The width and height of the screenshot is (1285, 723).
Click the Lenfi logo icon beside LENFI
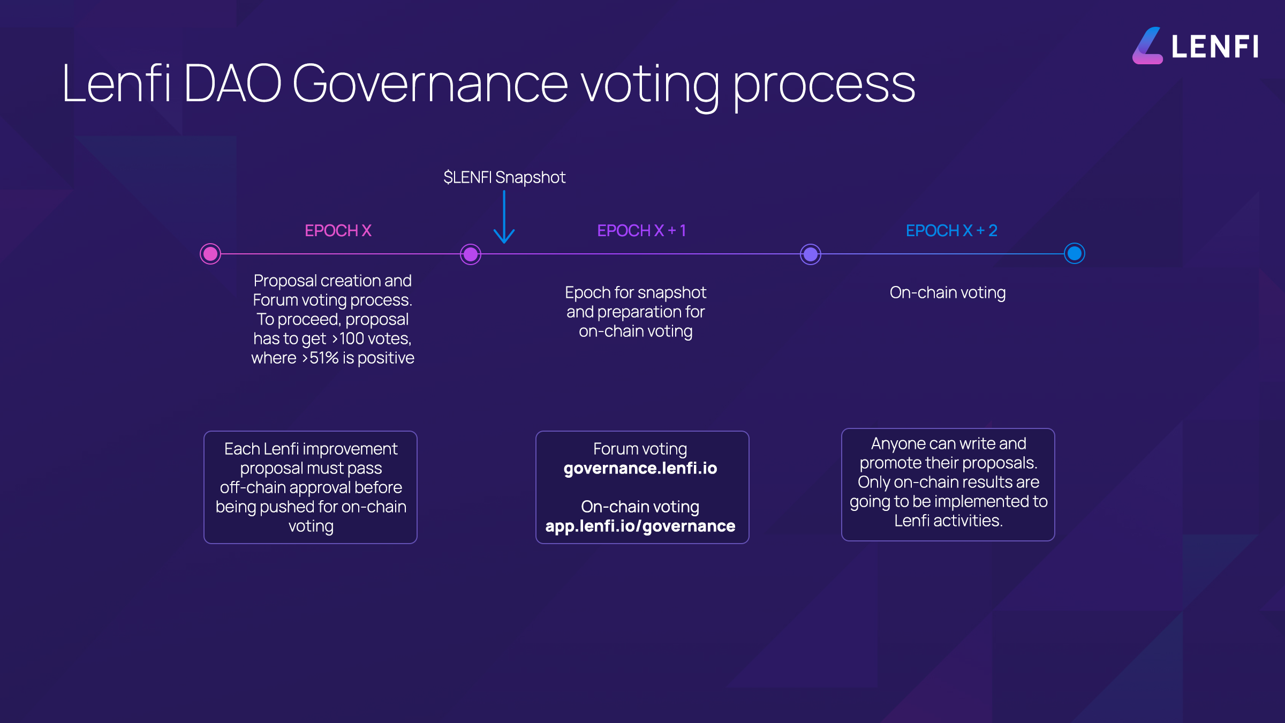coord(1147,46)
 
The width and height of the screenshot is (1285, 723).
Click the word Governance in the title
coord(430,84)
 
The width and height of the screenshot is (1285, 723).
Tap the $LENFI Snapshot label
coord(504,177)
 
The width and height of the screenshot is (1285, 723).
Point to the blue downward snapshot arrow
coord(504,217)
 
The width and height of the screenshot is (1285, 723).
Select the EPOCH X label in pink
coord(338,231)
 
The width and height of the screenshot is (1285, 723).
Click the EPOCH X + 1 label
coord(641,231)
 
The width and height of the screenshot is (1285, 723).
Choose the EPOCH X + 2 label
coord(951,231)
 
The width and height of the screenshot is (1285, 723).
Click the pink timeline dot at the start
coord(210,254)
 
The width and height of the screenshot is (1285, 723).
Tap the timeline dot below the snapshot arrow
coord(471,254)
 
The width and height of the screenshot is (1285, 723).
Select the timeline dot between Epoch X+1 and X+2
coord(811,254)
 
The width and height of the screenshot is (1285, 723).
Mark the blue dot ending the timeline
coord(1075,253)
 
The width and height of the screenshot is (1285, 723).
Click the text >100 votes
coord(372,339)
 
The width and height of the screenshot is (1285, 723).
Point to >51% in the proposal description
coord(320,358)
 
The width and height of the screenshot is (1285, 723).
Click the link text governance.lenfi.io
coord(640,469)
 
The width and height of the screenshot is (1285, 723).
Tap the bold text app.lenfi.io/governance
coord(640,526)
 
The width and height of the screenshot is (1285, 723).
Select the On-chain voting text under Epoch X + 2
coord(948,293)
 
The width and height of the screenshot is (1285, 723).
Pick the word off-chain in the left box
coord(253,488)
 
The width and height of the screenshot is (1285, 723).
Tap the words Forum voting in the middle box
coord(640,449)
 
